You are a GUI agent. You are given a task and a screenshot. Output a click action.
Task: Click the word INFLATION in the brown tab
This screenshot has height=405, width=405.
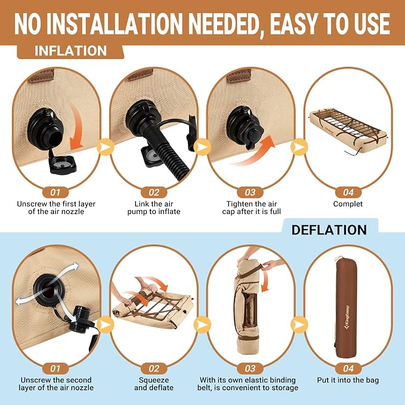click(x=70, y=51)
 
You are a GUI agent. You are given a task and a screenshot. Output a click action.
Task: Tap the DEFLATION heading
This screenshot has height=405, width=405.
click(x=329, y=230)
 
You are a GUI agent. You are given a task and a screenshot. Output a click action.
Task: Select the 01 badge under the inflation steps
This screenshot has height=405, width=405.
click(x=55, y=193)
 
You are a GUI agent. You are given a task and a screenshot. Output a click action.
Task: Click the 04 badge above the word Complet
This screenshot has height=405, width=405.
click(x=348, y=193)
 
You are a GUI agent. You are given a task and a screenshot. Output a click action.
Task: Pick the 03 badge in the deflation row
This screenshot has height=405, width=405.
click(x=250, y=369)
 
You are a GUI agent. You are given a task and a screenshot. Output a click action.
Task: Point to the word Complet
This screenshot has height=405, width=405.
click(x=348, y=204)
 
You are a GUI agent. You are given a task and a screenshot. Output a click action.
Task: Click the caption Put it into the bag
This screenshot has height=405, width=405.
click(x=348, y=380)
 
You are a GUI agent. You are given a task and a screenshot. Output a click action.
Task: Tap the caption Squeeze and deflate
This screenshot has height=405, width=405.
click(x=154, y=384)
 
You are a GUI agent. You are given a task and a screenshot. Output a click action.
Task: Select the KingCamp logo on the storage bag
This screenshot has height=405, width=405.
click(x=347, y=319)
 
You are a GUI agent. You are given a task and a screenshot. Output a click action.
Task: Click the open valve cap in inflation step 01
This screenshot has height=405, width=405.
click(x=63, y=163)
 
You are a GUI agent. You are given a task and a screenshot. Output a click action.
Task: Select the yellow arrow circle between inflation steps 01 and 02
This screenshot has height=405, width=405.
click(x=106, y=147)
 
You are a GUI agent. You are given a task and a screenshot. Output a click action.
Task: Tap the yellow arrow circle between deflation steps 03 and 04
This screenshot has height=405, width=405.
click(x=299, y=324)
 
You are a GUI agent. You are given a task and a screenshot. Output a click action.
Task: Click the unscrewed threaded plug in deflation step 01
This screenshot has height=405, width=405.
click(x=81, y=319)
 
